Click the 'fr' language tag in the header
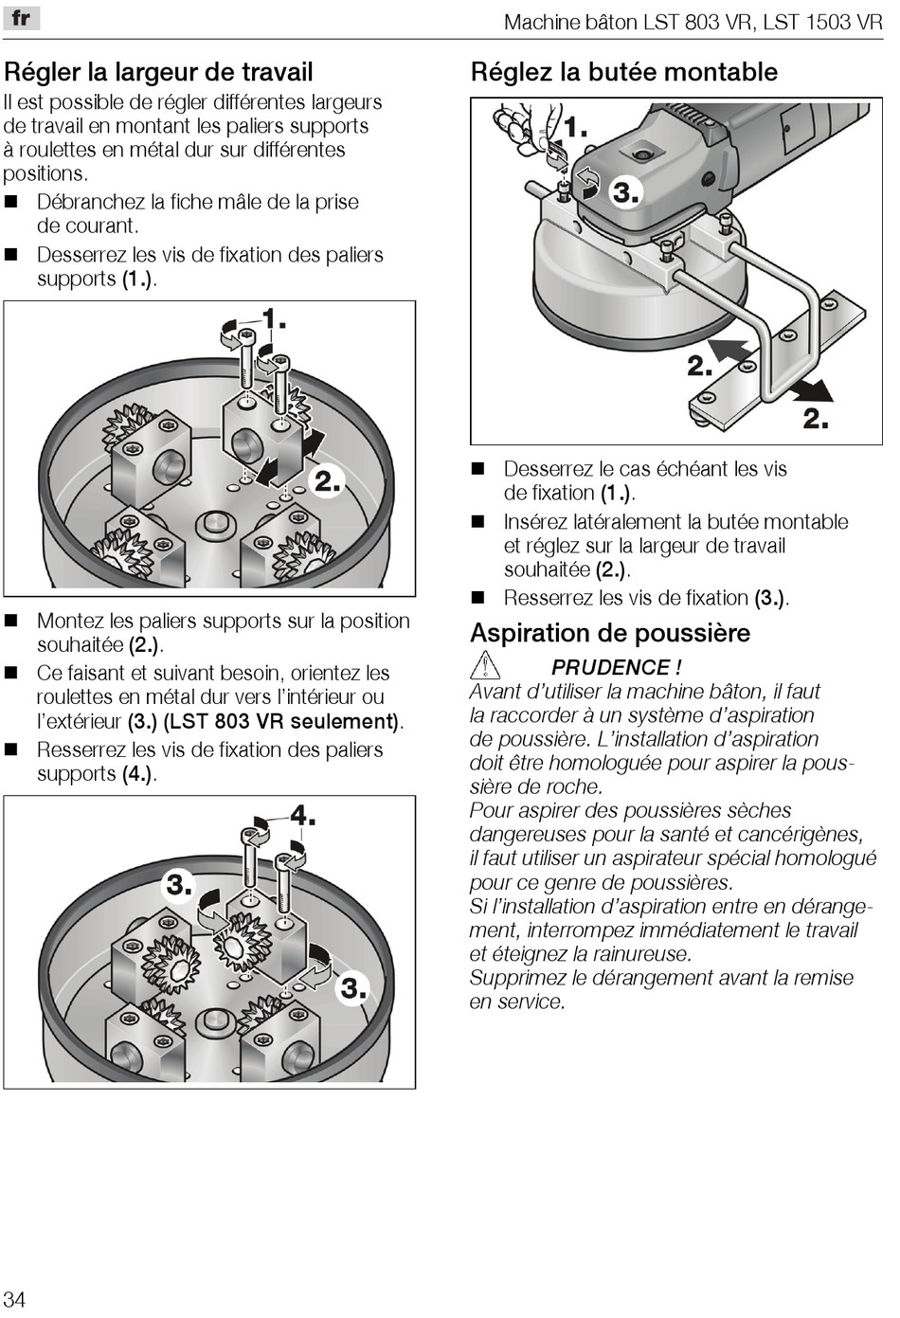point(20,17)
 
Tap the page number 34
point(14,1298)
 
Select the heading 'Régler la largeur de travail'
point(158,72)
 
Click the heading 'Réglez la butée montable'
point(623,72)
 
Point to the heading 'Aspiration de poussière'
point(609,633)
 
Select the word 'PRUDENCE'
point(610,667)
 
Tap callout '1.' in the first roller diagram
point(273,318)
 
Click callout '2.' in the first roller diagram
point(327,481)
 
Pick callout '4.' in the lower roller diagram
point(302,815)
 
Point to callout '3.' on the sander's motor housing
point(625,192)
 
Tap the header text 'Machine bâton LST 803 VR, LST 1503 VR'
point(693,22)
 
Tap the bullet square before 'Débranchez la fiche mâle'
point(12,202)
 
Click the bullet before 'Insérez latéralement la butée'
point(478,522)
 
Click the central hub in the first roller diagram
point(213,524)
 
